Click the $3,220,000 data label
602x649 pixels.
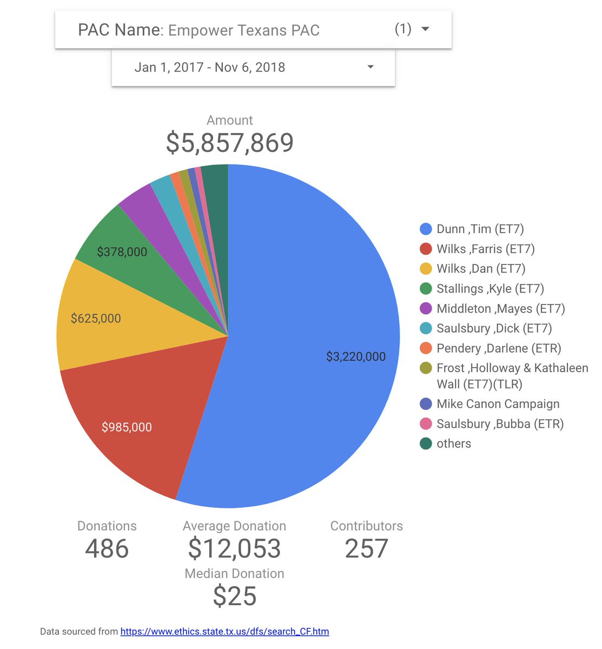pyautogui.click(x=356, y=357)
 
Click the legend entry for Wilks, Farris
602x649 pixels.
pyautogui.click(x=485, y=249)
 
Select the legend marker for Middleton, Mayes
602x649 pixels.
pyautogui.click(x=426, y=309)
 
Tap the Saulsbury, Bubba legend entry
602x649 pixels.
pyautogui.click(x=500, y=424)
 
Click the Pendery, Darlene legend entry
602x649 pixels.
pyautogui.click(x=499, y=348)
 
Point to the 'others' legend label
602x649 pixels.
pyautogui.click(x=454, y=444)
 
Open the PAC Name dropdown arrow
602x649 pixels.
pyautogui.click(x=425, y=29)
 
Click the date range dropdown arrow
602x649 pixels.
pyautogui.click(x=371, y=67)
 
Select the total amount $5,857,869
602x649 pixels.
pyautogui.click(x=230, y=143)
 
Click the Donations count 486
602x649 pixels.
pyautogui.click(x=107, y=548)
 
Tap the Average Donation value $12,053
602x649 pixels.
pyautogui.click(x=234, y=548)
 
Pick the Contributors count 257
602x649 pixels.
pyautogui.click(x=366, y=548)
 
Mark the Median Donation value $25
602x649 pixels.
pyautogui.click(x=234, y=596)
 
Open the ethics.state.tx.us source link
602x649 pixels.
pyautogui.click(x=224, y=631)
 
